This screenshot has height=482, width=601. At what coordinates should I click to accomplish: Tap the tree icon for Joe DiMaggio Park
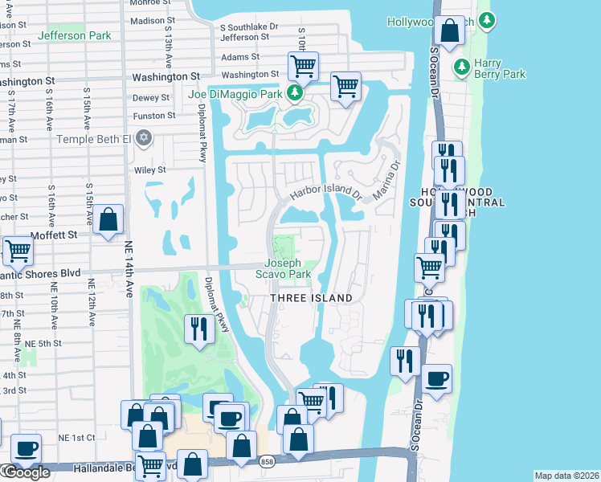296,94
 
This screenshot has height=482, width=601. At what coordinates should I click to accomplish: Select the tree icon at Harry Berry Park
462,66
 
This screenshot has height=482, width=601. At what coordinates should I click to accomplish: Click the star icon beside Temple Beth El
144,139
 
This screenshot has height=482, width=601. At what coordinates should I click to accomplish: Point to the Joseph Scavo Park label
283,268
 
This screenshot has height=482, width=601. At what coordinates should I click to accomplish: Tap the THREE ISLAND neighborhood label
311,298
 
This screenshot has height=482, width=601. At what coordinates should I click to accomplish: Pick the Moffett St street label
55,235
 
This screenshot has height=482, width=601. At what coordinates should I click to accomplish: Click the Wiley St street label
149,170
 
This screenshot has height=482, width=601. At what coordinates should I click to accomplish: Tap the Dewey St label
151,97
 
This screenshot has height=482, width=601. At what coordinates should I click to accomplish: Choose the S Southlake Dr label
248,27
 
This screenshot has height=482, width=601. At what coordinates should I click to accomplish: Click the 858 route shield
266,460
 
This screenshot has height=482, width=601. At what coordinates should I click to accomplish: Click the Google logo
26,472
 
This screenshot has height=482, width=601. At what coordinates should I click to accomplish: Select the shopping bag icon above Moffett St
108,219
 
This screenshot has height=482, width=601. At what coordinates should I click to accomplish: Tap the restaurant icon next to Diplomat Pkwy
197,328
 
